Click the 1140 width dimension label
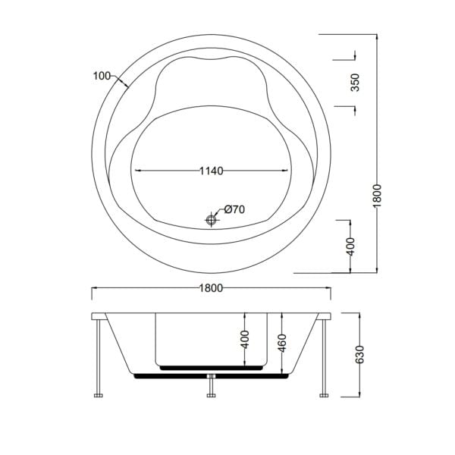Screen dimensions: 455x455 point(212,171)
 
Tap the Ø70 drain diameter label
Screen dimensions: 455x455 point(234,209)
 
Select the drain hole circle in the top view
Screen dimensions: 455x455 point(211,220)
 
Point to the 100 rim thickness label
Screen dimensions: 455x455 point(102,76)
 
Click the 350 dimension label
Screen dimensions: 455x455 point(355,83)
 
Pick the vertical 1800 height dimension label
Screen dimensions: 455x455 point(377,196)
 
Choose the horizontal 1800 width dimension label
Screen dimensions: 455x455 point(212,288)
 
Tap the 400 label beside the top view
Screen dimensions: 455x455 point(350,246)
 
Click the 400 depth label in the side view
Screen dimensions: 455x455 point(245,339)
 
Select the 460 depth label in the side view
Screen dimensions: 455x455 point(282,344)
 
